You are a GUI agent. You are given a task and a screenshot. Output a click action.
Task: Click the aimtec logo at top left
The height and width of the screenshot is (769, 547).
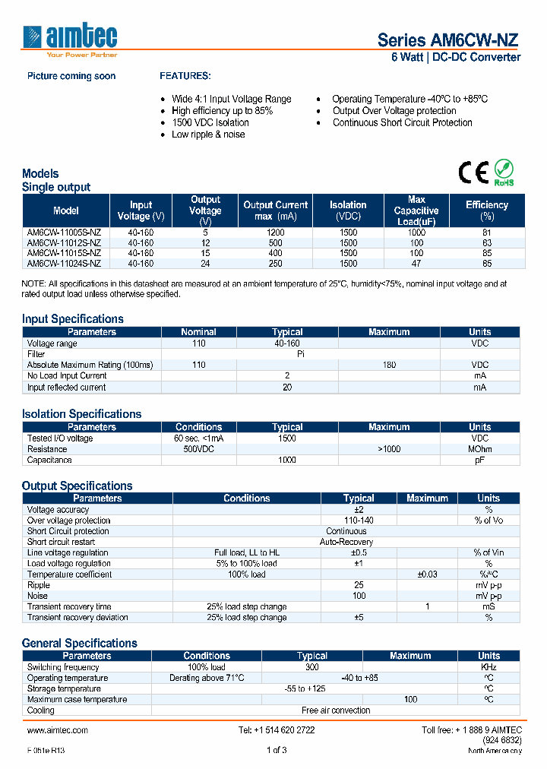click(x=70, y=40)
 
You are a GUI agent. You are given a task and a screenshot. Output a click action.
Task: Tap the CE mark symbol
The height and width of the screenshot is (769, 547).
click(x=473, y=172)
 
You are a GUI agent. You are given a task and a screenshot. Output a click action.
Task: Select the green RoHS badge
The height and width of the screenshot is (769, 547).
click(x=504, y=172)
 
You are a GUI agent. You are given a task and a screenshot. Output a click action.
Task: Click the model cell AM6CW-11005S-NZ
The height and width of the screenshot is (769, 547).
click(x=64, y=233)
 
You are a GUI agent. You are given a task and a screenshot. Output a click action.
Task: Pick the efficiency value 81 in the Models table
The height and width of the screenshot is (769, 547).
click(x=487, y=233)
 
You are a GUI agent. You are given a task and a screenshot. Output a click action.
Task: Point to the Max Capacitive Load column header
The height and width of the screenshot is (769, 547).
click(x=416, y=210)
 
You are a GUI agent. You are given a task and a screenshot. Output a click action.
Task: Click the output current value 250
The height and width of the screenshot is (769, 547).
click(x=275, y=264)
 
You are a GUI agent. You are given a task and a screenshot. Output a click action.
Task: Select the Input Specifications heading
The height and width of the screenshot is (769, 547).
click(x=73, y=319)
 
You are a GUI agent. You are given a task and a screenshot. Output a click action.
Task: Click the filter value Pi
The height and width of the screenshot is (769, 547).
click(x=301, y=354)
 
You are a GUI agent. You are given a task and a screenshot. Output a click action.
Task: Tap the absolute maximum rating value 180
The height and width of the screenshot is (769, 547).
click(x=389, y=365)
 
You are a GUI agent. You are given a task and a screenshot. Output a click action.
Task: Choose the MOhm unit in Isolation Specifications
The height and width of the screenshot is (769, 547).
click(x=479, y=449)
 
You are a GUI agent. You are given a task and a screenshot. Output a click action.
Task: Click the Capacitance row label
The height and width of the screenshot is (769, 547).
click(x=50, y=460)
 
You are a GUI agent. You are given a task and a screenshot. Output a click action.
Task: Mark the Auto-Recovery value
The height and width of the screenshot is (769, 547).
click(x=346, y=542)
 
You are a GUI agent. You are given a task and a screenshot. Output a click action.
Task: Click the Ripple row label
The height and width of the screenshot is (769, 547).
click(x=39, y=585)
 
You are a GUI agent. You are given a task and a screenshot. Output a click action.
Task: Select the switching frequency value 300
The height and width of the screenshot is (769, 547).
click(x=311, y=666)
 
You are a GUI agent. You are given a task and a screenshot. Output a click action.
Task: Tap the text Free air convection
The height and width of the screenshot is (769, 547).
click(x=336, y=710)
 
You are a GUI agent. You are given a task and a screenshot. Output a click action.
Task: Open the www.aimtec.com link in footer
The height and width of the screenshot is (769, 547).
click(x=58, y=729)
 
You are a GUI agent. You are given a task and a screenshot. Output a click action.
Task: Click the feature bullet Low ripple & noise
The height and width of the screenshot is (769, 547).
click(x=208, y=134)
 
